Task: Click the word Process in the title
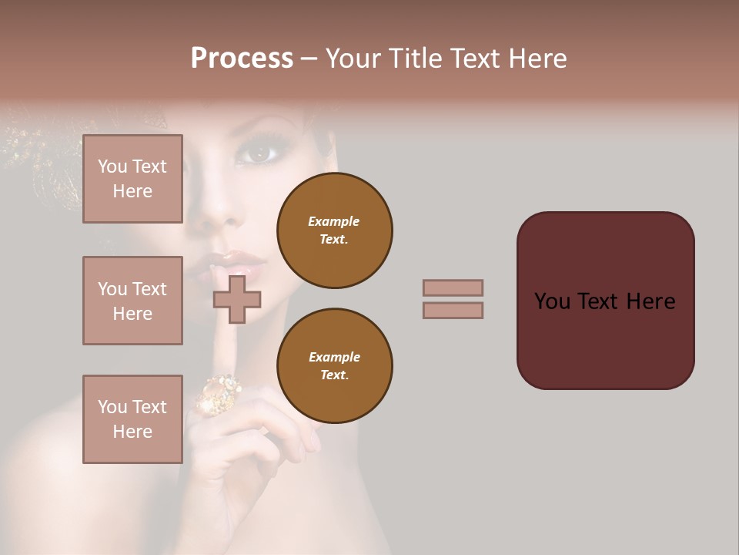pos(242,59)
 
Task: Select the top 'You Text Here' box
pos(132,179)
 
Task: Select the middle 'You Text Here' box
pos(132,301)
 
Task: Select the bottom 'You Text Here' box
pos(132,419)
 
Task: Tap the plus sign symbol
pos(237,300)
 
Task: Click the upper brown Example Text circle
pos(334,230)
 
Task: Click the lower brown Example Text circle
pos(334,366)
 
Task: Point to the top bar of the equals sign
pos(453,288)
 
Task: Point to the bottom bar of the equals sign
pos(453,310)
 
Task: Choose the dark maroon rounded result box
pos(605,300)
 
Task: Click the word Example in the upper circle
pos(334,221)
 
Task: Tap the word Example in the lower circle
pos(334,357)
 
